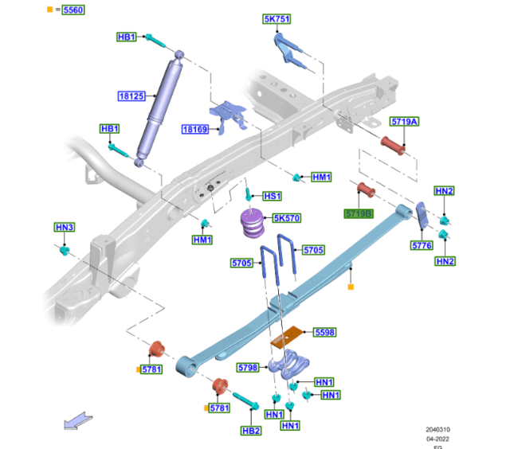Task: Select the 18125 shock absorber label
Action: (131, 96)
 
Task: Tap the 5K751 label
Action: (277, 19)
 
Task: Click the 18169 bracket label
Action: (194, 129)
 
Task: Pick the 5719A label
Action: (404, 122)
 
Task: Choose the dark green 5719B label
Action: (359, 214)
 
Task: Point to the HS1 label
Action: (272, 196)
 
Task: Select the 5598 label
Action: (324, 332)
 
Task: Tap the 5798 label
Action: (248, 368)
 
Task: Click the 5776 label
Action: (422, 246)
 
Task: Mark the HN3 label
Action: (64, 228)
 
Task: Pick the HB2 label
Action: (251, 431)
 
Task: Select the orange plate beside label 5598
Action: (288, 338)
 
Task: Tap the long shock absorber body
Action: (157, 107)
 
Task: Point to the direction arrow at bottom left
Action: (77, 420)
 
